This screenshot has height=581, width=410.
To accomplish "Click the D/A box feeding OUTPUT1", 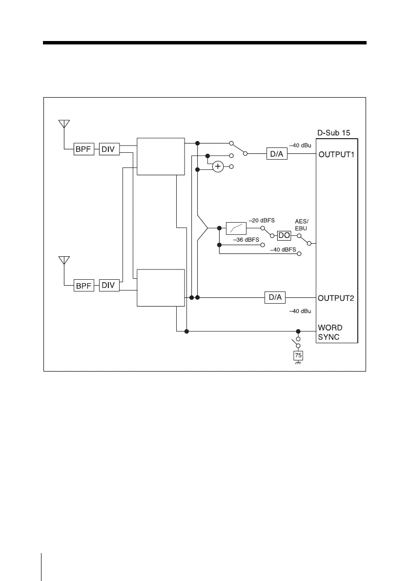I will point(277,154).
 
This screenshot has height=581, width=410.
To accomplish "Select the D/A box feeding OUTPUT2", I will point(275,297).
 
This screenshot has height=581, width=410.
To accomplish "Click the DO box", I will point(284,235).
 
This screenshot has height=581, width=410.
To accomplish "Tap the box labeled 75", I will point(298,355).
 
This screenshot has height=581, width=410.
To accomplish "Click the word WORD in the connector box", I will point(330,327).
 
